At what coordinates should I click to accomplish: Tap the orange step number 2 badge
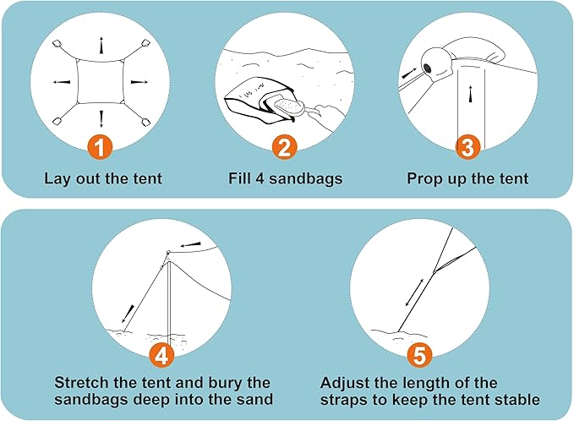click(x=285, y=148)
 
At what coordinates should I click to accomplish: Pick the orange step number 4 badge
click(x=166, y=353)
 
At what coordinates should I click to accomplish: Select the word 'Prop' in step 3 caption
click(x=424, y=178)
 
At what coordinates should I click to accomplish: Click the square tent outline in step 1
click(x=101, y=82)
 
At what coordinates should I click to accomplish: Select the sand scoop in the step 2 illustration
click(x=298, y=108)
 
